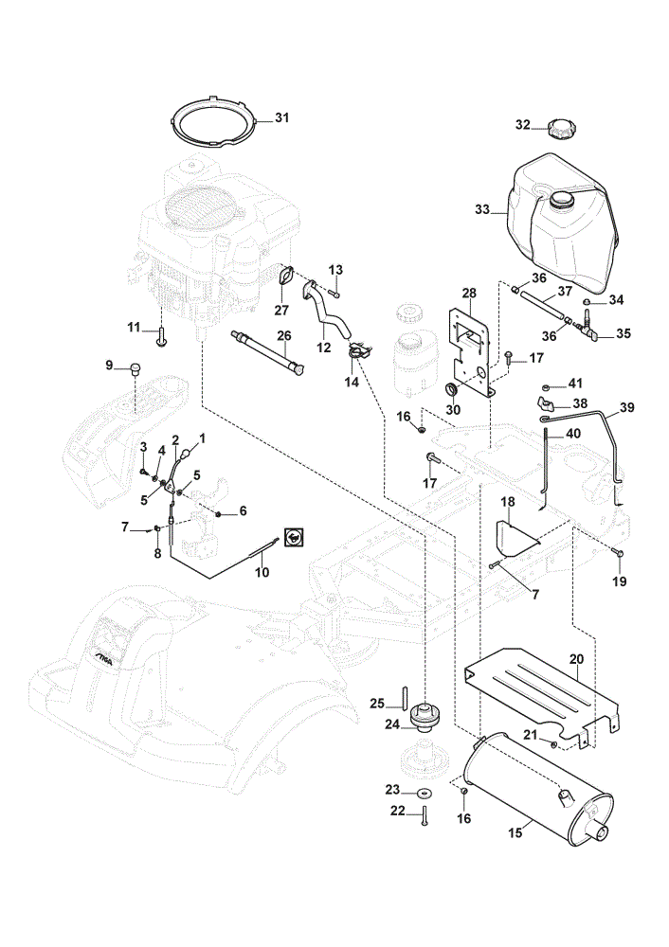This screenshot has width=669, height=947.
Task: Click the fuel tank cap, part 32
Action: coord(560,129)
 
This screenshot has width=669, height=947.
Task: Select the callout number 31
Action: coord(282,117)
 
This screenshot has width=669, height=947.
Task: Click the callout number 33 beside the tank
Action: coord(481,209)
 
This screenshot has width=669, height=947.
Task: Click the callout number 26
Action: coord(284,336)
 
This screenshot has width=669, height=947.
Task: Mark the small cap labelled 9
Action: coord(134,367)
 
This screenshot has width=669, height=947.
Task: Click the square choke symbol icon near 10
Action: coord(295,536)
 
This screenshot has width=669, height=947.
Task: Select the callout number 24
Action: coord(392,724)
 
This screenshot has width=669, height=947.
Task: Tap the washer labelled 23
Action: coord(423,792)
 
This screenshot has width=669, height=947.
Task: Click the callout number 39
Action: coord(627,407)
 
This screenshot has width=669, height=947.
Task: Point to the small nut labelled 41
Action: coord(545,385)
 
